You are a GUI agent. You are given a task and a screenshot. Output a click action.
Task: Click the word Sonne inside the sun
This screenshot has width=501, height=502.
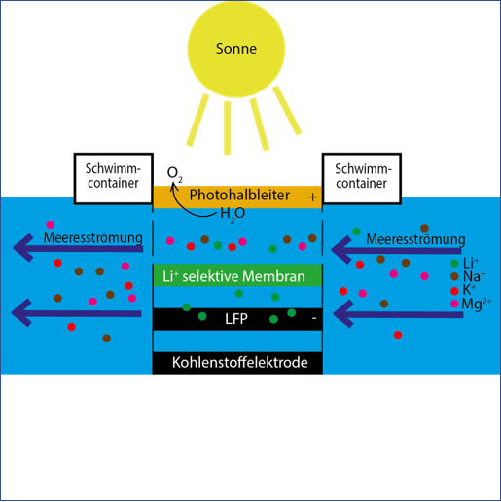click(x=236, y=49)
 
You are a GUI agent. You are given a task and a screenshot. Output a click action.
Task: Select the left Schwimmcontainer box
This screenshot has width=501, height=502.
click(x=114, y=179)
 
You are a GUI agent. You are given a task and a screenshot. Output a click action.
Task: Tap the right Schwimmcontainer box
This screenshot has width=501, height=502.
click(x=362, y=179)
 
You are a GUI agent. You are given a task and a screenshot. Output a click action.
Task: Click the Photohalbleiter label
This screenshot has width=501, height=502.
click(x=239, y=195)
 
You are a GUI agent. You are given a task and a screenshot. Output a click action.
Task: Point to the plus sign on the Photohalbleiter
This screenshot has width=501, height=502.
click(x=312, y=197)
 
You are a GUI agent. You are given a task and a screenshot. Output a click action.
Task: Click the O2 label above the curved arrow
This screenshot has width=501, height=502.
click(x=174, y=173)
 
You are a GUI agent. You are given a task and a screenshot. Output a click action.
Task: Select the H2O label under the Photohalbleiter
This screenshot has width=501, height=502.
click(x=233, y=214)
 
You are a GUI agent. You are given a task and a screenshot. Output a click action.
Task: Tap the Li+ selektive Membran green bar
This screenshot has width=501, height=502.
click(x=237, y=275)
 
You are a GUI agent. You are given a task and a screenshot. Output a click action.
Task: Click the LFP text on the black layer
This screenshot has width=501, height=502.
click(x=236, y=319)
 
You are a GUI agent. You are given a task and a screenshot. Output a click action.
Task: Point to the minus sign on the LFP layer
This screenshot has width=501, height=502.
click(x=314, y=319)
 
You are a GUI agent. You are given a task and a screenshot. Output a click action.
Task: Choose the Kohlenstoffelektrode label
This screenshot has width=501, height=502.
click(x=240, y=363)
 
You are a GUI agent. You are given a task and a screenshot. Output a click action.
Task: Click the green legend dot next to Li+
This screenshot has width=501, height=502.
click(x=454, y=263)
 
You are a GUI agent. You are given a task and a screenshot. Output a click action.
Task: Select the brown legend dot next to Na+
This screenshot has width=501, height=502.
click(x=454, y=276)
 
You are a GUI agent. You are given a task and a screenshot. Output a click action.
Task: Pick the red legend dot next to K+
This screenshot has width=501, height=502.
click(x=454, y=290)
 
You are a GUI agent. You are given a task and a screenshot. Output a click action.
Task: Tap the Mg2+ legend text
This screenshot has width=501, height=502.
click(x=477, y=305)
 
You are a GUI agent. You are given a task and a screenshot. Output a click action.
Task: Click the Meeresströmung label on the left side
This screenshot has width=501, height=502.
click(x=93, y=237)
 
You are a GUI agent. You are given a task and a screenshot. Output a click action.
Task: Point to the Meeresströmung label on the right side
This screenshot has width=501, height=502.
click(x=415, y=239)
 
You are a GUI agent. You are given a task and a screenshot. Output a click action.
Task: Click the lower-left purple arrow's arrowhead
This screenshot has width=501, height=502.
click(x=21, y=312)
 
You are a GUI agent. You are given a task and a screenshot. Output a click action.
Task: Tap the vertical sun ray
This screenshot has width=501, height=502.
click(x=228, y=127)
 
